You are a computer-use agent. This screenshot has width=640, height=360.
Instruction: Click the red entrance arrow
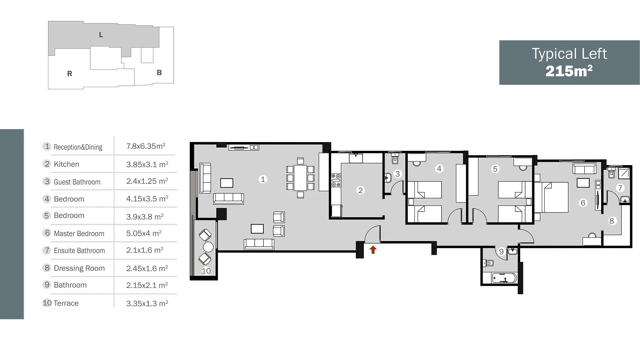pyautogui.click(x=373, y=250)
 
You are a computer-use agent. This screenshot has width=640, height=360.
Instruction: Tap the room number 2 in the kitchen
pyautogui.click(x=360, y=190)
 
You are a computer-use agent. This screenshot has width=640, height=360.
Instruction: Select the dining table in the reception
pyautogui.click(x=300, y=178)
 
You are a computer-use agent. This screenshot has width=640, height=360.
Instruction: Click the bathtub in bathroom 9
pyautogui.click(x=504, y=278)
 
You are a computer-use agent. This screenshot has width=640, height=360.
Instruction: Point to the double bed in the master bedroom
pyautogui.click(x=551, y=197)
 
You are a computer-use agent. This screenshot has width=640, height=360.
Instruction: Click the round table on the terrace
pyautogui.click(x=208, y=247)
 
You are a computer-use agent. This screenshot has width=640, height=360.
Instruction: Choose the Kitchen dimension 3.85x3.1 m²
pyautogui.click(x=147, y=164)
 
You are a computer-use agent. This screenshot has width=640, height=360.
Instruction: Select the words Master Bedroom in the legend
pyautogui.click(x=79, y=234)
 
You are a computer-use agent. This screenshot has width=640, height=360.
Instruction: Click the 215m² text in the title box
pyautogui.click(x=569, y=71)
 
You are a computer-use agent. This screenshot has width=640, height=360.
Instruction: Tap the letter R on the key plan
pyautogui.click(x=70, y=74)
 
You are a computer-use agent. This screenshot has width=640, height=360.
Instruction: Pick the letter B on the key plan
pyautogui.click(x=159, y=73)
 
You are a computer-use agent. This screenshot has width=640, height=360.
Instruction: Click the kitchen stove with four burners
pyautogui.click(x=336, y=180)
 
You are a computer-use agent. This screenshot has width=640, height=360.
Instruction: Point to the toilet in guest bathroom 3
pyautogui.click(x=395, y=158)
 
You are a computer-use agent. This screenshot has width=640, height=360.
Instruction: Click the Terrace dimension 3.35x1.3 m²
pyautogui.click(x=147, y=303)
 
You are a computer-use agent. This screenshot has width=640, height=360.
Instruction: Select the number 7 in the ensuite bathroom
pyautogui.click(x=620, y=188)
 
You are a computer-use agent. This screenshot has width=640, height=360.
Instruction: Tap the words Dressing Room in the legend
pyautogui.click(x=79, y=268)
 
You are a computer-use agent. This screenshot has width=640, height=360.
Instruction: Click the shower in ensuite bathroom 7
pyautogui.click(x=624, y=173)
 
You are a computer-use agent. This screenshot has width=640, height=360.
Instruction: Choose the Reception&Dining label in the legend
pyautogui.click(x=78, y=147)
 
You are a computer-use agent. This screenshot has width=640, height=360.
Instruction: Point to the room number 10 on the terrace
pyautogui.click(x=206, y=271)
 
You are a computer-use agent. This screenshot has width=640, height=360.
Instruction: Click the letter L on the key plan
pyautogui.click(x=101, y=35)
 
